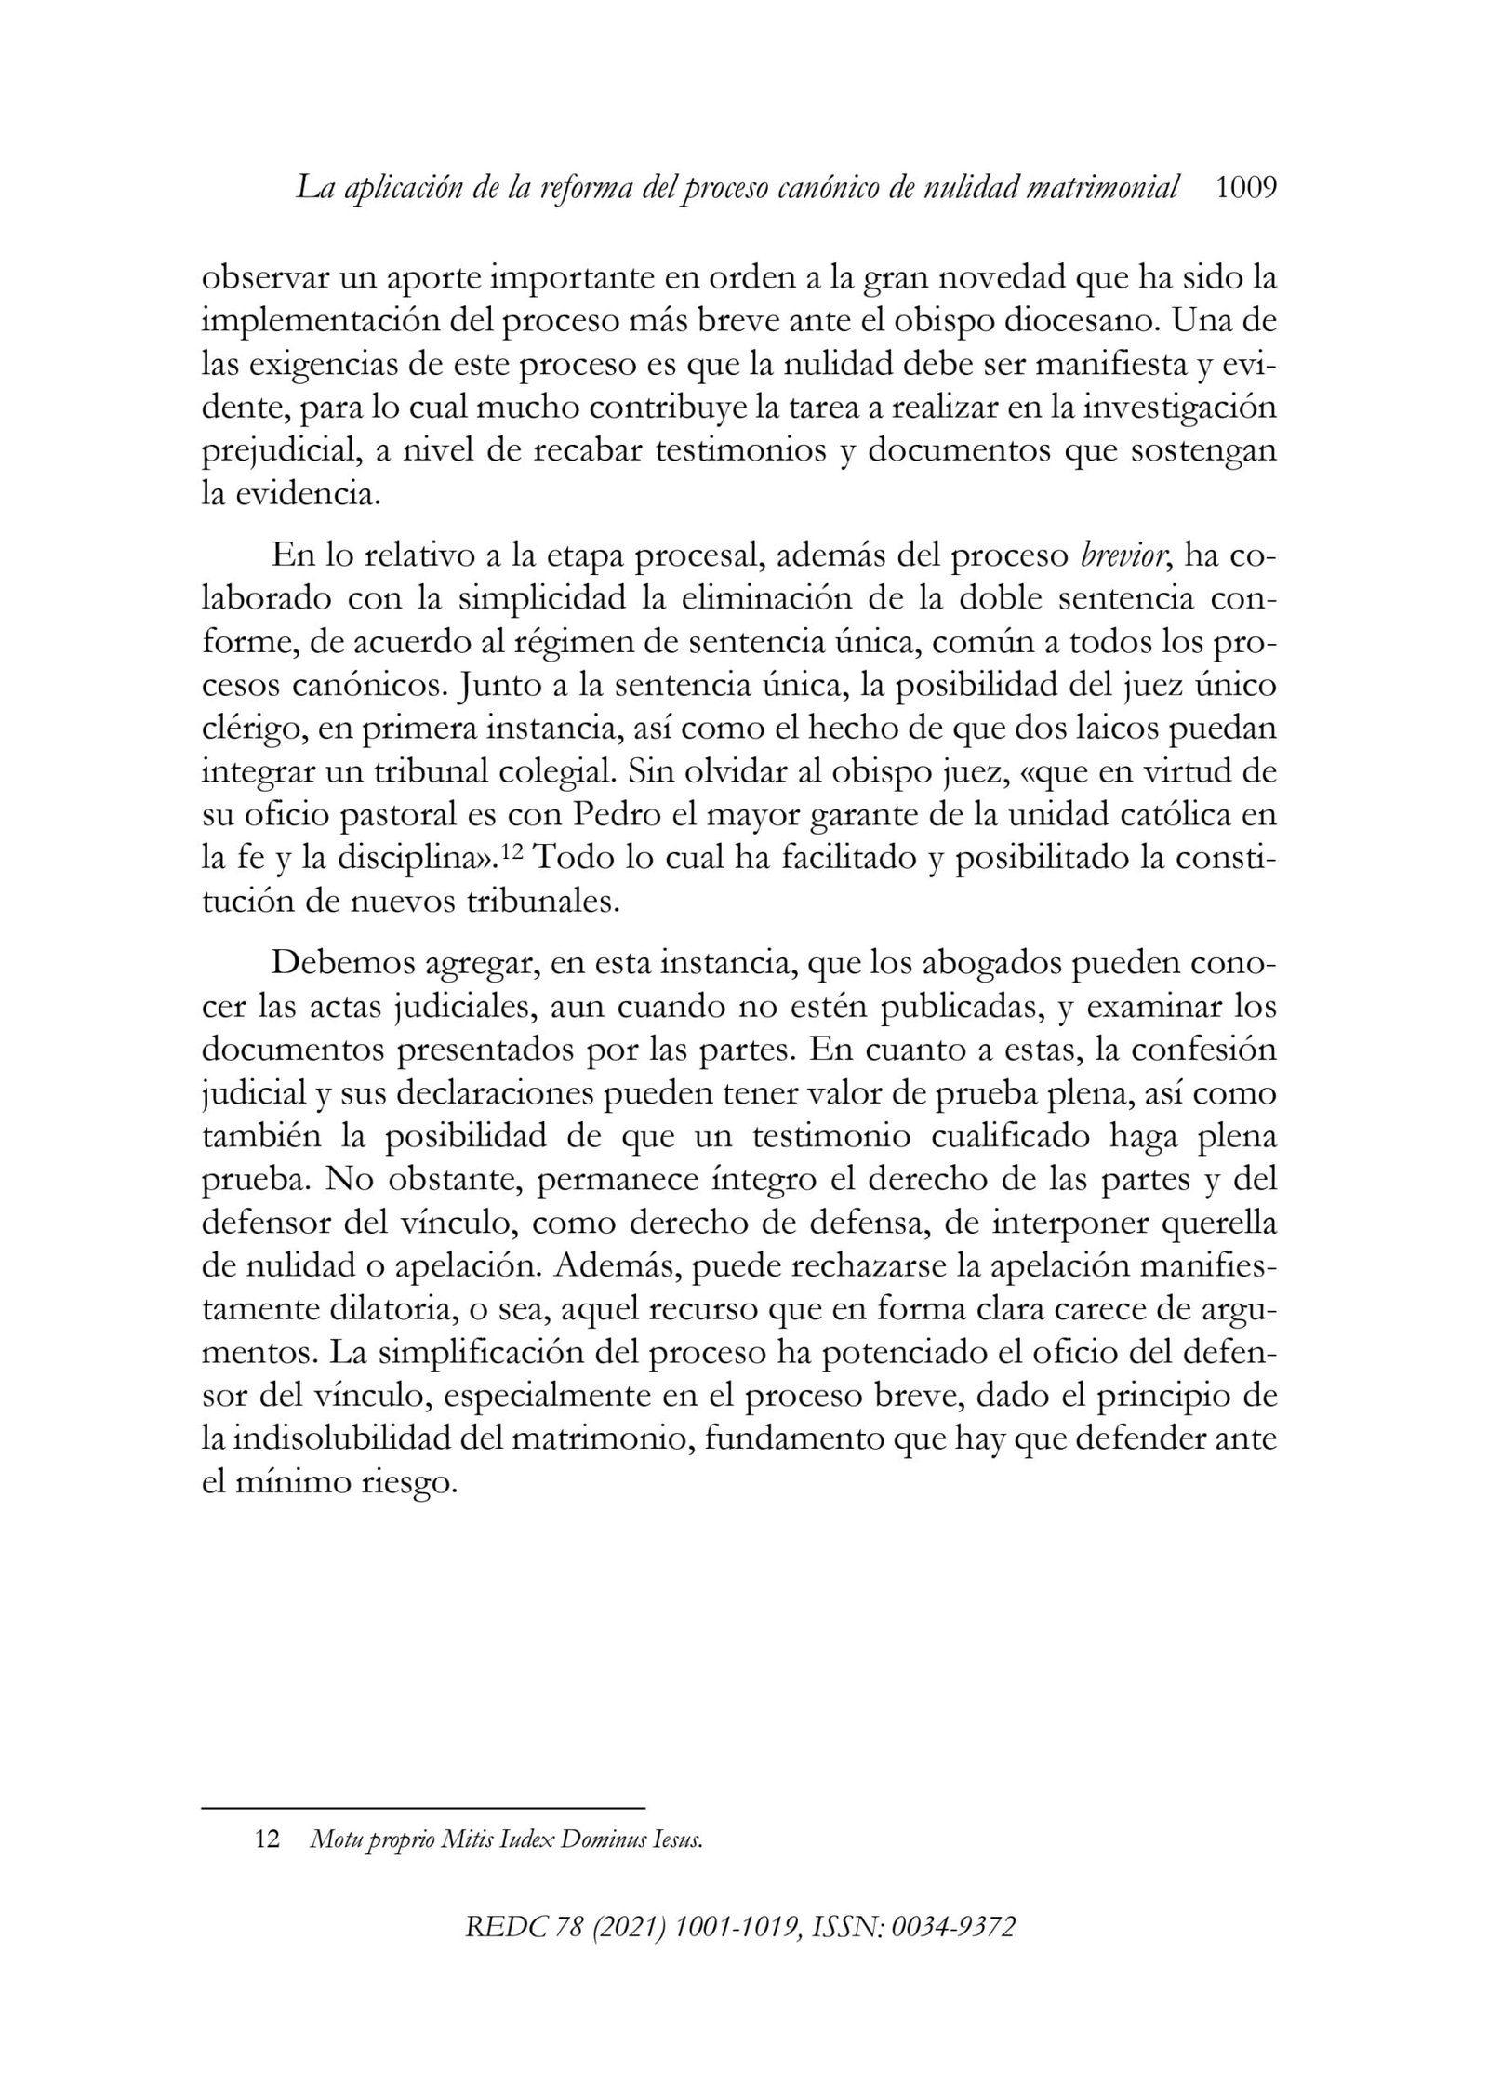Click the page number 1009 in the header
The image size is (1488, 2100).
tap(1246, 189)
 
